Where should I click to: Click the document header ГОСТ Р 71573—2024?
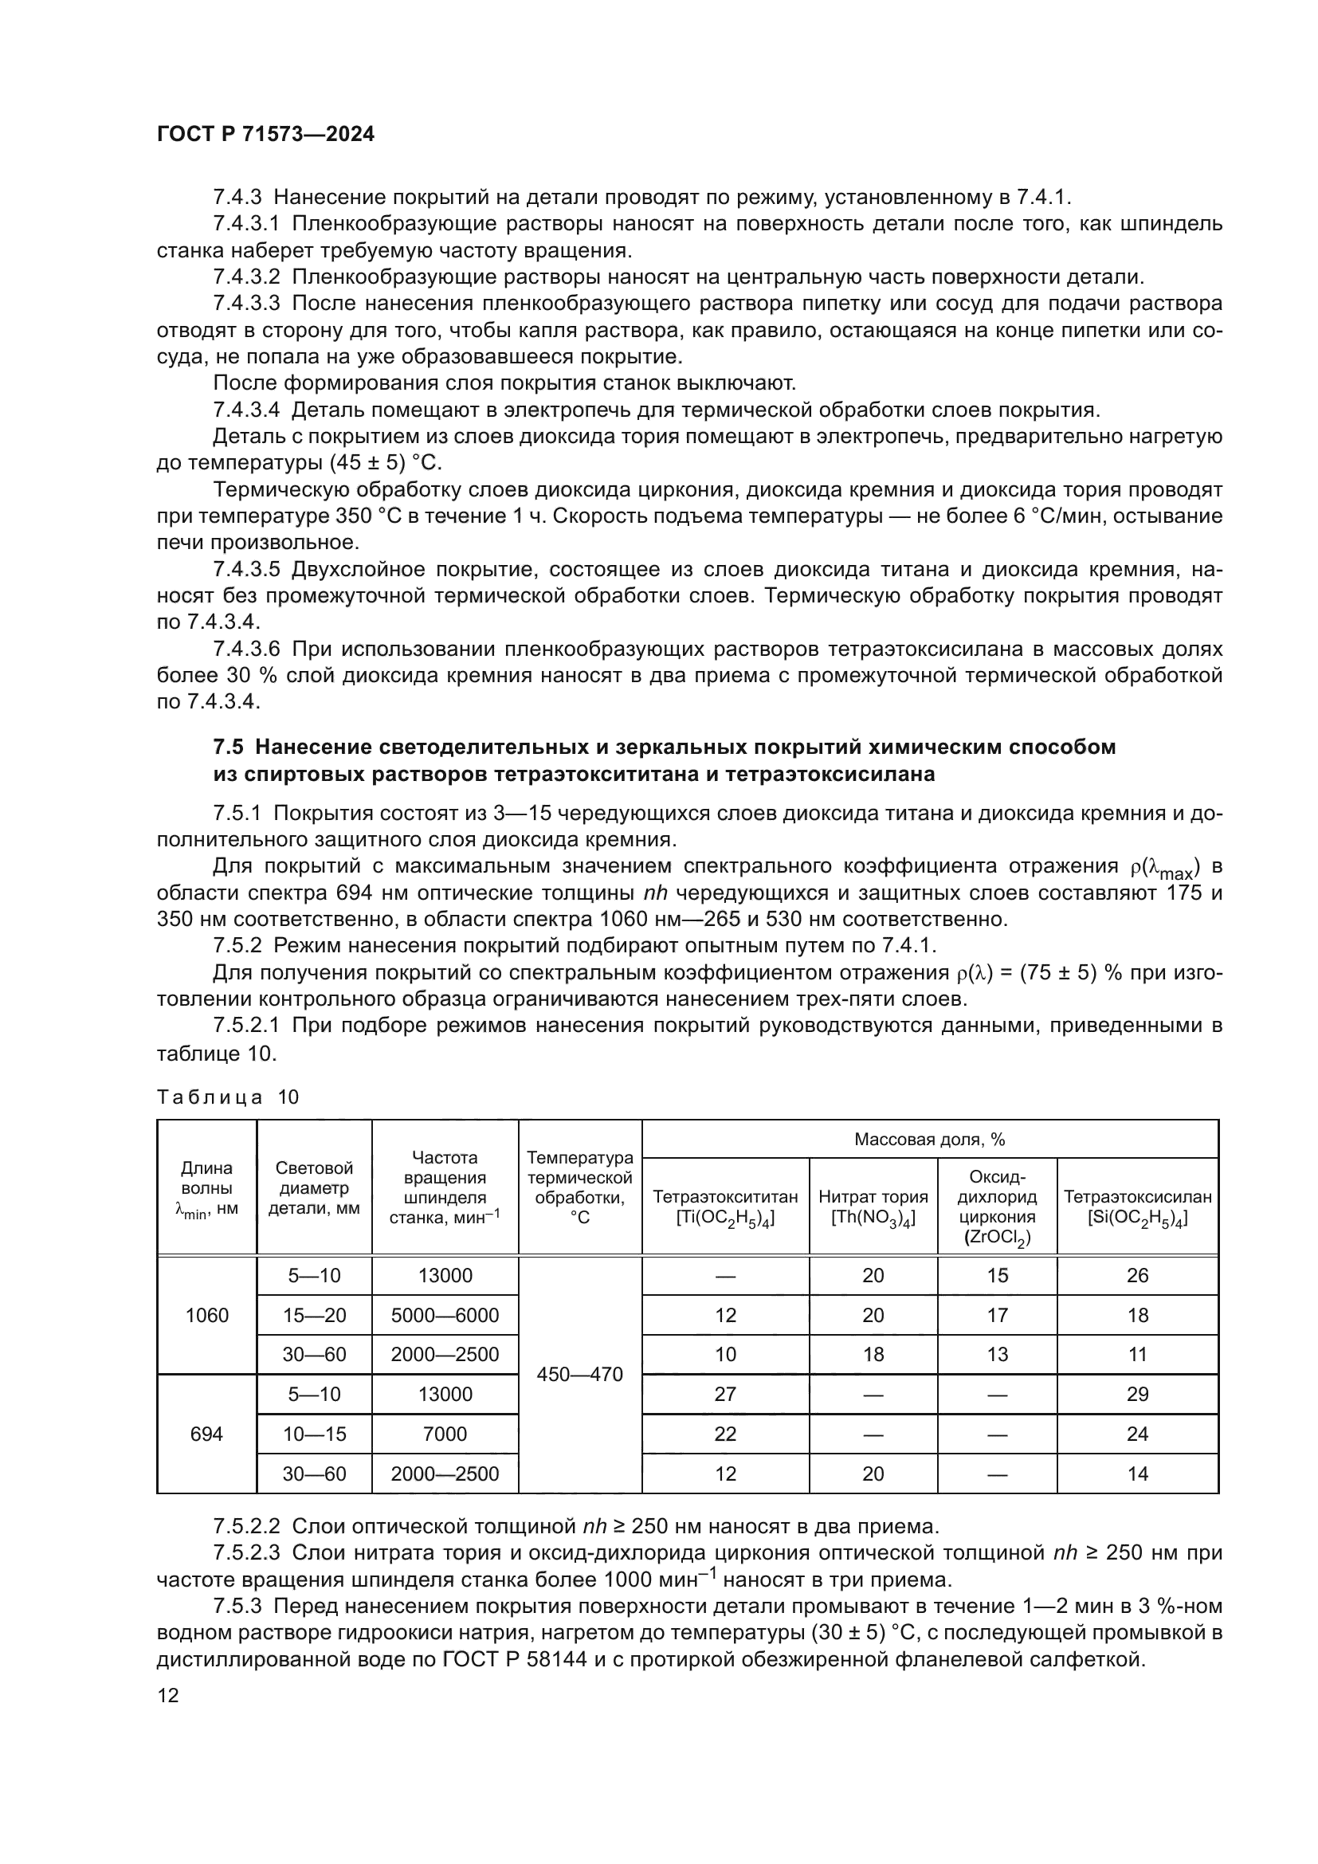[x=265, y=135]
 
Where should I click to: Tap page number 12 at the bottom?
[x=168, y=1695]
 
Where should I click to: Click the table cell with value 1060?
[x=207, y=1315]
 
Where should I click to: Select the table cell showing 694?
[x=207, y=1434]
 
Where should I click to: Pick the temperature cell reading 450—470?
[x=579, y=1375]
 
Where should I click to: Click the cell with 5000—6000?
[x=445, y=1315]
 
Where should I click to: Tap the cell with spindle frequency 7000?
[x=445, y=1434]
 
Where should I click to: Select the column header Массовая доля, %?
[x=929, y=1139]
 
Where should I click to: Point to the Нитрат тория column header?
[x=873, y=1207]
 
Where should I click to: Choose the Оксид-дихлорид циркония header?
[x=997, y=1207]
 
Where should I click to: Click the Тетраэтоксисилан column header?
[x=1137, y=1207]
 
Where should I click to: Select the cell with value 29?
[x=1137, y=1395]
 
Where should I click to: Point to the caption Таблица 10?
[x=228, y=1097]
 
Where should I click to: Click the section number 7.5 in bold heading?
[x=228, y=747]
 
